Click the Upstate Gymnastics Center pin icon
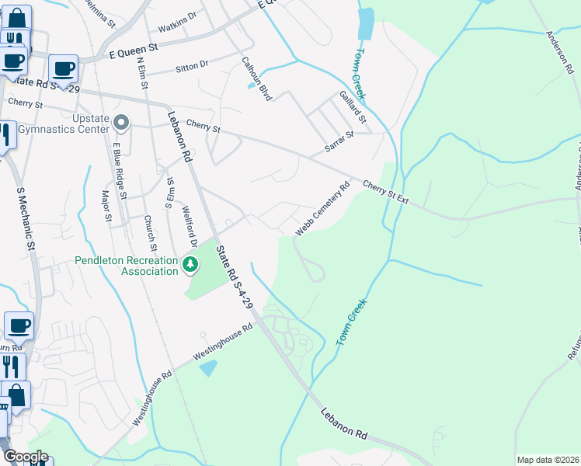tap(120, 122)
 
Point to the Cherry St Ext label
tap(385, 193)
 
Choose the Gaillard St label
tap(353, 106)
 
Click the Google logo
tap(25, 456)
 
